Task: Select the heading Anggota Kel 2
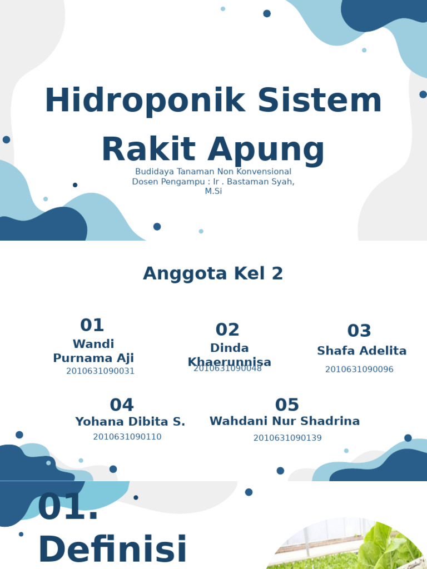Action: [213, 273]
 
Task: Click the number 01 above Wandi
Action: [92, 325]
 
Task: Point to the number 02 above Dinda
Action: [227, 330]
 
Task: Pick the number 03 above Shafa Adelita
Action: [359, 331]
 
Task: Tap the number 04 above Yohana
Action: [122, 405]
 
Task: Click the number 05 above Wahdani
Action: [287, 405]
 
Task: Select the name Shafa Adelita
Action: [361, 351]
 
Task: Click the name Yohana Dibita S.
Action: [130, 422]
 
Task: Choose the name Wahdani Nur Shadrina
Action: [285, 421]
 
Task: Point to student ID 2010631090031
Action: [101, 371]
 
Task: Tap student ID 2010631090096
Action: [359, 370]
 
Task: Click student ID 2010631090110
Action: [127, 437]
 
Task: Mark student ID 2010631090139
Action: [287, 438]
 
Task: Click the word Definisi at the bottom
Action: [112, 550]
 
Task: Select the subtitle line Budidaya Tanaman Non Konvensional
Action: [213, 172]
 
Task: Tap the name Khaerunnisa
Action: [230, 362]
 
